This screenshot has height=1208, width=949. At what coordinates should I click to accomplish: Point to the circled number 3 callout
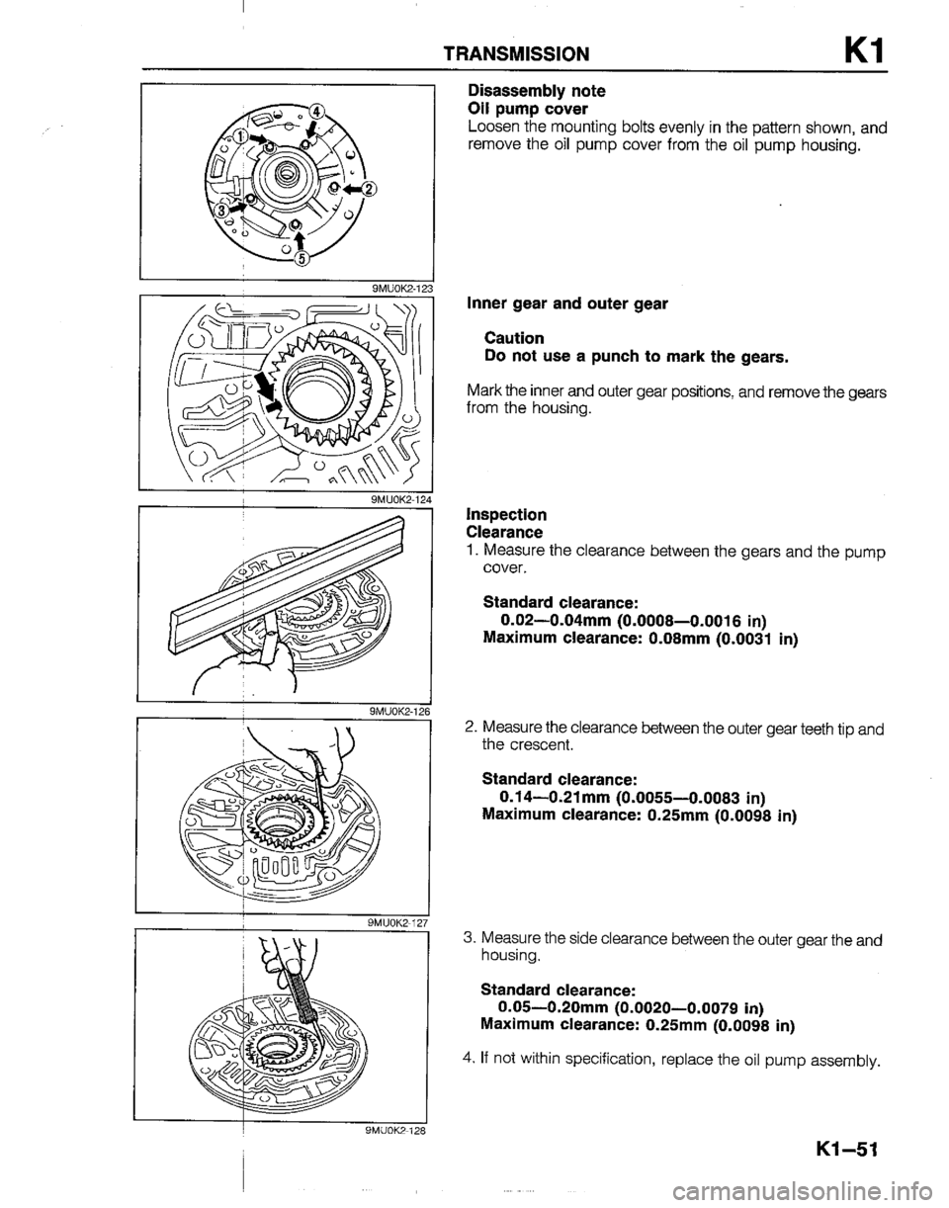pyautogui.click(x=222, y=212)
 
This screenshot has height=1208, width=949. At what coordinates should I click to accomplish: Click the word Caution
pyautogui.click(x=514, y=338)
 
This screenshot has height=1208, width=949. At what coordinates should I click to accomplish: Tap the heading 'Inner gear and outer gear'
pyautogui.click(x=567, y=304)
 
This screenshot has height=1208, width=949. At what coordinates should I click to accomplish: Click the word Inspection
pyautogui.click(x=506, y=514)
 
